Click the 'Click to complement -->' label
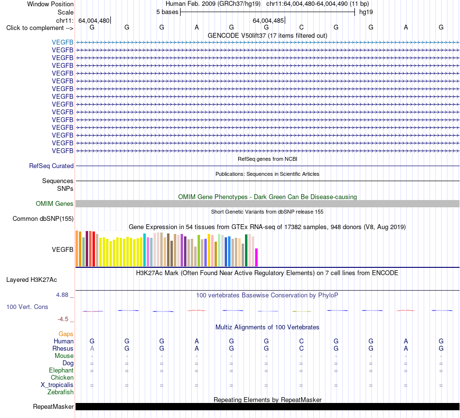[40, 28]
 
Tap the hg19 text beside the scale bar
[366, 12]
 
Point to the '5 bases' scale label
[167, 12]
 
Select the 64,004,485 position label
[268, 20]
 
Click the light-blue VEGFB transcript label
[62, 42]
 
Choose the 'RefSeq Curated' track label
[51, 166]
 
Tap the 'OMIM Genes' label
[55, 204]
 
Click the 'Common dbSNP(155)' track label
[43, 218]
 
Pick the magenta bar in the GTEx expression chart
[257, 257]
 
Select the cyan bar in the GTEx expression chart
[145, 250]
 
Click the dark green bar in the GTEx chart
[246, 250]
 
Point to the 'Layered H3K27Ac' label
[31, 280]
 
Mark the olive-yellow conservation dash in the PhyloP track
[302, 311]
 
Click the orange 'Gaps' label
[66, 334]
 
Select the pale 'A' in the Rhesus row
[92, 348]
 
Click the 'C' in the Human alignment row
[301, 341]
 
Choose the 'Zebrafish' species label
[61, 392]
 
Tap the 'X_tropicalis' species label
[57, 385]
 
